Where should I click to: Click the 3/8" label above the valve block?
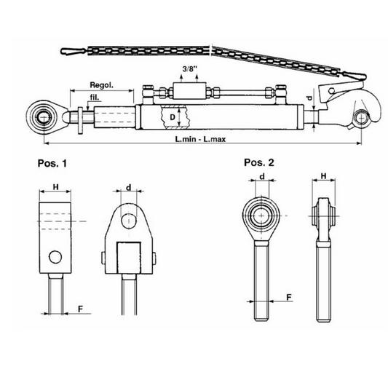[x=190, y=68]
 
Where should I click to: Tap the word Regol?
[x=102, y=85]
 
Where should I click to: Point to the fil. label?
[x=95, y=98]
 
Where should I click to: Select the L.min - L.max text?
[x=200, y=139]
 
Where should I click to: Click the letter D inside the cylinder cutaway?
[x=173, y=117]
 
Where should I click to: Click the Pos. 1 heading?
[x=52, y=163]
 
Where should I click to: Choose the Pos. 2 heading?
[x=259, y=162]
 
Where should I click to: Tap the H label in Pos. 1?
[x=55, y=187]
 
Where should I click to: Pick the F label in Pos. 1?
[x=80, y=309]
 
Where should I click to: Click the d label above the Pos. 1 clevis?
[x=129, y=188]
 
